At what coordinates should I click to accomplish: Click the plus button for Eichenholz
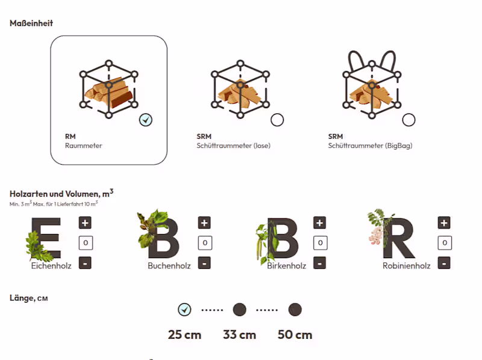point(85,223)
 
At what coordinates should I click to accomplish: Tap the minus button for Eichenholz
point(85,263)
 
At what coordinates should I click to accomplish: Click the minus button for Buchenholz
point(204,263)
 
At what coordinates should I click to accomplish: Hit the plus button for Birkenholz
point(319,223)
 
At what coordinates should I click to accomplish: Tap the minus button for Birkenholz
point(319,263)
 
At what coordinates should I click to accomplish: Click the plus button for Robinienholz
point(444,223)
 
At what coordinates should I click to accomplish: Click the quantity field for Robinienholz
point(444,243)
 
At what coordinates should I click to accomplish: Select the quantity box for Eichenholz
point(85,243)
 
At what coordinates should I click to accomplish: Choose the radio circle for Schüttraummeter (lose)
point(277,120)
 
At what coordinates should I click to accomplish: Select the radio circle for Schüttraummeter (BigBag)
point(409,120)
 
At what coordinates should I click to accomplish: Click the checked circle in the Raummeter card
point(145,120)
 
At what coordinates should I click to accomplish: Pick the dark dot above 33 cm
point(240,310)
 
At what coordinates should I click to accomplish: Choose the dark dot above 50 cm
point(295,310)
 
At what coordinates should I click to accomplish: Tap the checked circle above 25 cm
point(184,310)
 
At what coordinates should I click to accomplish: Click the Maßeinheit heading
point(31,24)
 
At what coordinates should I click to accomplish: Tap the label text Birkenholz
point(286,265)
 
